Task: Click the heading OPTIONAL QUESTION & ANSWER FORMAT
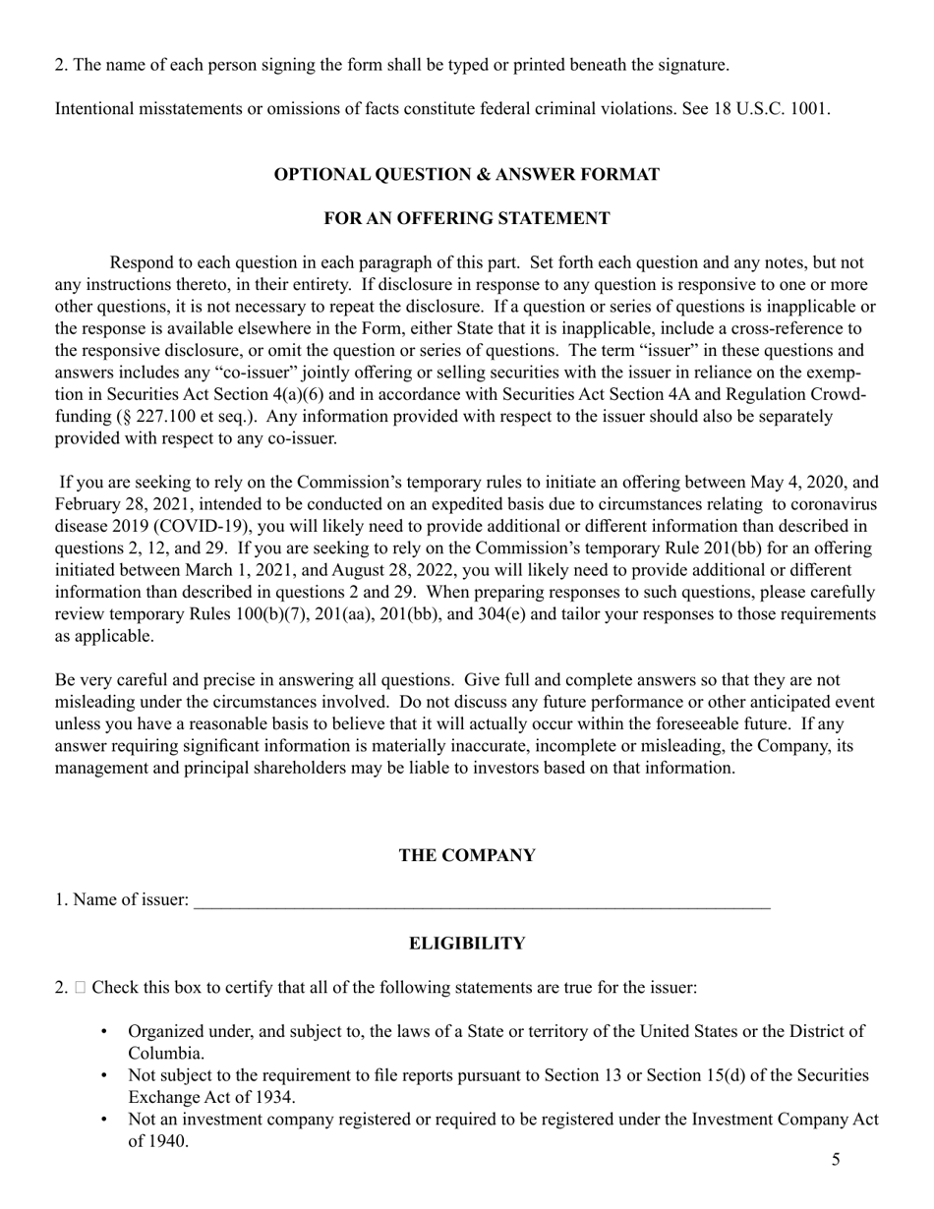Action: (x=466, y=174)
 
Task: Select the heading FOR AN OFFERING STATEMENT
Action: (x=466, y=218)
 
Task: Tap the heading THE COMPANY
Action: (x=466, y=855)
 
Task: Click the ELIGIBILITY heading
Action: (x=466, y=944)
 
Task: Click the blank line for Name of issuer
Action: (x=482, y=899)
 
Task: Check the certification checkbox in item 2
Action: (x=81, y=987)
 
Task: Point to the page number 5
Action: (x=836, y=1160)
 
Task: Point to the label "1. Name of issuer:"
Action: (x=122, y=899)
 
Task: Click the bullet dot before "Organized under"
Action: (x=105, y=1031)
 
